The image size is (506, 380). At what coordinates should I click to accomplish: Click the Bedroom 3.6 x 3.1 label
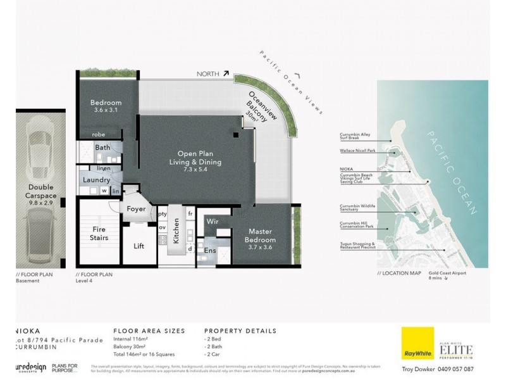pyautogui.click(x=106, y=106)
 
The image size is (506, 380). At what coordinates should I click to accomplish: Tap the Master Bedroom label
pyautogui.click(x=261, y=236)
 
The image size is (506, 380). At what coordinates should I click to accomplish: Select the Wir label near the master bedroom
pyautogui.click(x=213, y=222)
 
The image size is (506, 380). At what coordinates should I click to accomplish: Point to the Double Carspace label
pyautogui.click(x=44, y=192)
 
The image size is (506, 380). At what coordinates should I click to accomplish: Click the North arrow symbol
pyautogui.click(x=225, y=74)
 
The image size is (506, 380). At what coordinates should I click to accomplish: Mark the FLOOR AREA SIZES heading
pyautogui.click(x=149, y=331)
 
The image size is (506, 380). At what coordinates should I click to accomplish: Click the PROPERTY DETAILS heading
pyautogui.click(x=240, y=331)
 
